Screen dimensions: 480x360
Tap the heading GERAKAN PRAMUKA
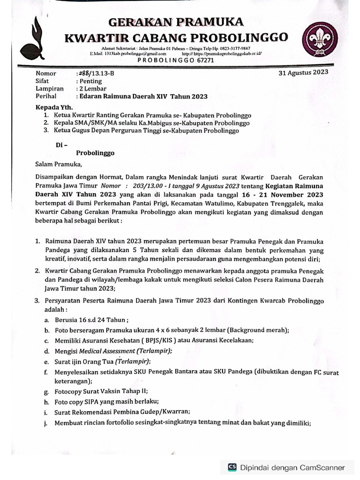(176, 22)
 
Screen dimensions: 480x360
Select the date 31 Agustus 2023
(303, 73)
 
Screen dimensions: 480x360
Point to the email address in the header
(129, 54)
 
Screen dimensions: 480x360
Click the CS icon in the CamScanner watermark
(232, 467)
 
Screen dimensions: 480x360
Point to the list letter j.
(47, 423)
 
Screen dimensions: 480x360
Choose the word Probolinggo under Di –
(95, 153)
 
